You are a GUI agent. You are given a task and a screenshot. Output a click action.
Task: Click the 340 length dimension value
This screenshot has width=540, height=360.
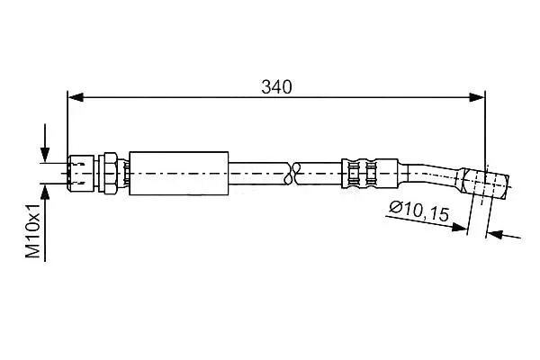click(x=276, y=87)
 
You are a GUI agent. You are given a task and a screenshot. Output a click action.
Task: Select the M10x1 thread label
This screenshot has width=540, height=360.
click(x=34, y=230)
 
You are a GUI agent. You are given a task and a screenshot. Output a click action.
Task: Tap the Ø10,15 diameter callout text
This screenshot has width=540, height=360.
click(x=419, y=211)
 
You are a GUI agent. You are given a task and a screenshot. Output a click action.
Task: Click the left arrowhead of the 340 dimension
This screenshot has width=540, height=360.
click(x=76, y=97)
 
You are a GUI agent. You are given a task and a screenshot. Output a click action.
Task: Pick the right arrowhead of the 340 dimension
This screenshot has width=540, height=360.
click(x=477, y=97)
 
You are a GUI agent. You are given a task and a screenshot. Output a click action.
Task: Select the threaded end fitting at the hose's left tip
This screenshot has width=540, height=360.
click(x=81, y=173)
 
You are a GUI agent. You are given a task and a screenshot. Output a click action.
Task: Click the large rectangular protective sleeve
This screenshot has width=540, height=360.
click(x=179, y=174)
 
